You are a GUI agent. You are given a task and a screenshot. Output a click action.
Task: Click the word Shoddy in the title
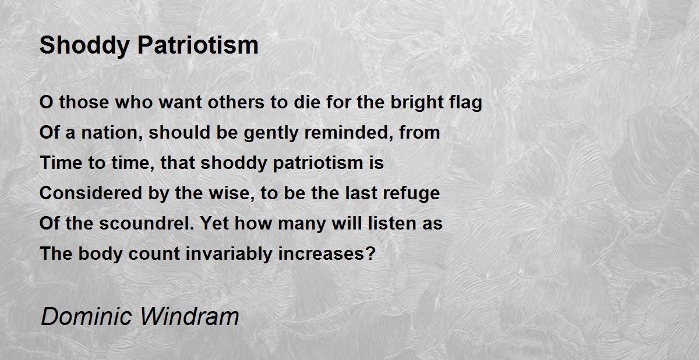pos(84,46)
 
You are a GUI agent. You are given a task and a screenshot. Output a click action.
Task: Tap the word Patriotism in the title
pos(198,45)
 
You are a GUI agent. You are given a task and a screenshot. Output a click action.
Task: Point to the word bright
pos(417,103)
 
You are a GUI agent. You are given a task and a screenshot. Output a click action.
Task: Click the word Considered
pos(91,193)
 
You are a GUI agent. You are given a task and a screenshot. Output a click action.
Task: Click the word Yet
pos(215,223)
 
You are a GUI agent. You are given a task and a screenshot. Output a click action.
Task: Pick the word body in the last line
pos(100,253)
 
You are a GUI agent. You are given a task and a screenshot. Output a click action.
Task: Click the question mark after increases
pos(370,253)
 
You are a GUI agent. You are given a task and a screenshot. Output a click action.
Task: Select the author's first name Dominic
pos(86,316)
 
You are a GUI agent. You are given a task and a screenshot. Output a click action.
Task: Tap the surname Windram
pos(189,316)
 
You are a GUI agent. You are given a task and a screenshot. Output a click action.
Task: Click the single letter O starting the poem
pos(46,103)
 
